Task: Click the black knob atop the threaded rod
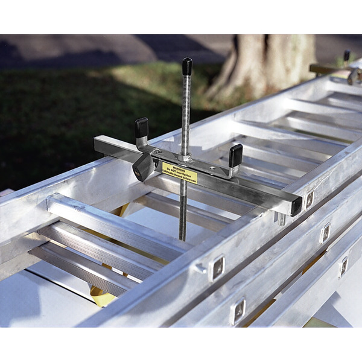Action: (186, 66)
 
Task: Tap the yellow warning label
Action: (179, 173)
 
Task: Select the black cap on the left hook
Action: (142, 125)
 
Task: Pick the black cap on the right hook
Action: (236, 155)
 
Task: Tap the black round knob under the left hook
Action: (143, 167)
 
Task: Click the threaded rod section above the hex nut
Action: (186, 115)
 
